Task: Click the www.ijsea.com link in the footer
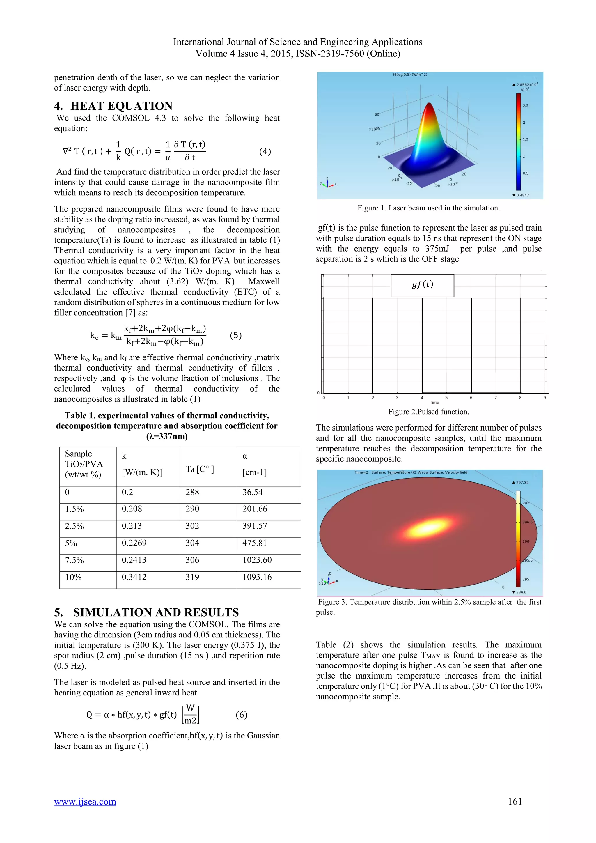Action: point(85,801)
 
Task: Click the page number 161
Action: point(515,801)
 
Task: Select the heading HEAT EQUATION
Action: point(121,106)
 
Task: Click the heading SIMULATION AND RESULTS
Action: point(156,612)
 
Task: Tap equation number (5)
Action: point(236,335)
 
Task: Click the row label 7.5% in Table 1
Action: point(74,560)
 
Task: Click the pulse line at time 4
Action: point(422,345)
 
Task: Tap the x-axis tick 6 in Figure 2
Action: point(471,398)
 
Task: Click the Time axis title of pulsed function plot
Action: point(434,403)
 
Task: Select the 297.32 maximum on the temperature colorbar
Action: point(522,482)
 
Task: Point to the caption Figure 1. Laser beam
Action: point(428,208)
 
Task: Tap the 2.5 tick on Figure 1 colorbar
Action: point(526,106)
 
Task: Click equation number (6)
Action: point(241,715)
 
